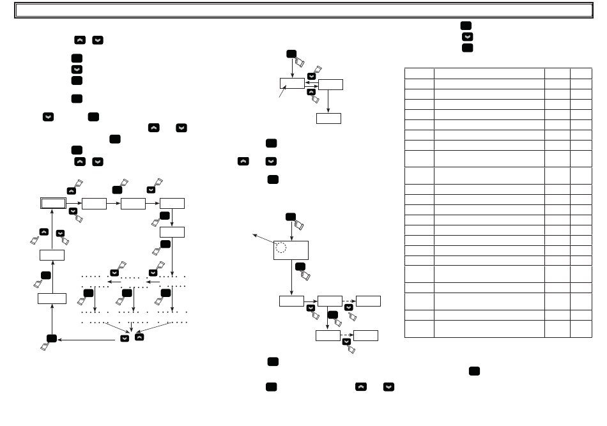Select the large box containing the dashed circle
click(291, 250)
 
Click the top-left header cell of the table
click(419, 73)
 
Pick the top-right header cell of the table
click(581, 73)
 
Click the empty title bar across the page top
click(303, 10)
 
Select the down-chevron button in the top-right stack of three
click(467, 37)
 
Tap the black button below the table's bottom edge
click(474, 371)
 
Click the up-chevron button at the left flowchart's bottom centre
click(139, 337)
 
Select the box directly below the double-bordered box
click(52, 255)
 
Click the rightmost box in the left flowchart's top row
click(172, 203)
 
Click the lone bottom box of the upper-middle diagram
click(328, 118)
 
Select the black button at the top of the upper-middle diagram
click(291, 54)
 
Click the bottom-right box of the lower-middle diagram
click(365, 335)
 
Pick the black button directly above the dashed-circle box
click(291, 217)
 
